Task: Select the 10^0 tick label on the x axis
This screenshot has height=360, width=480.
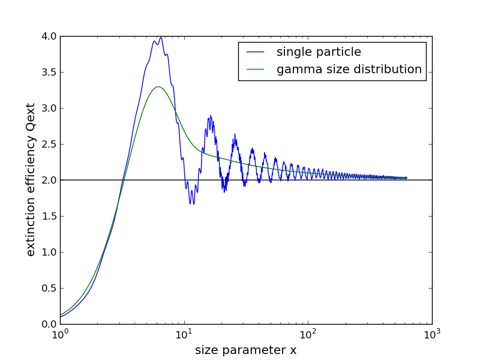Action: coord(60,334)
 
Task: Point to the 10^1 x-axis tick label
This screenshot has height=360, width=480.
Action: coord(184,334)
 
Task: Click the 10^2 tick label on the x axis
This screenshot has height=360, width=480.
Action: coord(308,334)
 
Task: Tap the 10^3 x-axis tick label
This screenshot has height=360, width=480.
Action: coord(432,334)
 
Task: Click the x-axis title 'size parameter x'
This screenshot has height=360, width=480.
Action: coord(245,350)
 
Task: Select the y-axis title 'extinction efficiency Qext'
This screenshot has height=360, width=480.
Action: coord(31,180)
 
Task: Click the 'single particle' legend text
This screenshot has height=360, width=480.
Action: coord(319,52)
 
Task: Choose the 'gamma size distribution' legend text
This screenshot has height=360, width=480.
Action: coord(349,70)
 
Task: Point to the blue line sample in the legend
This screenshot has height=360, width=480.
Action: coord(256,53)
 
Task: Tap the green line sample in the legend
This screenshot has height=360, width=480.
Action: coord(256,70)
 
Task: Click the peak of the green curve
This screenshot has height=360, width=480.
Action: coord(158,87)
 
